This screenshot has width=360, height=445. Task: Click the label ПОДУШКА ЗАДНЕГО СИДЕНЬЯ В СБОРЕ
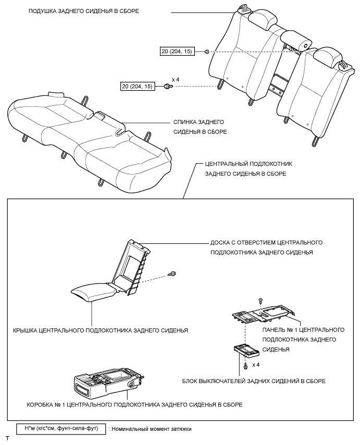click(x=84, y=11)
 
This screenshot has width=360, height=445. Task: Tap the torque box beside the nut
click(x=180, y=52)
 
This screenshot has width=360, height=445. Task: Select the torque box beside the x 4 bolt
click(x=137, y=86)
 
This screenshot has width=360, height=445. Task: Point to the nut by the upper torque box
click(x=207, y=52)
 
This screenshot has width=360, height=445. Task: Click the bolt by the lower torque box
click(x=167, y=86)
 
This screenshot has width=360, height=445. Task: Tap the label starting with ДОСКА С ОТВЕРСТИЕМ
click(x=266, y=247)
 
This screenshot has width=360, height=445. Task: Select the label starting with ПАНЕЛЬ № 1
click(x=302, y=340)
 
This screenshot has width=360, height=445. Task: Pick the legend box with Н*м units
click(x=61, y=429)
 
